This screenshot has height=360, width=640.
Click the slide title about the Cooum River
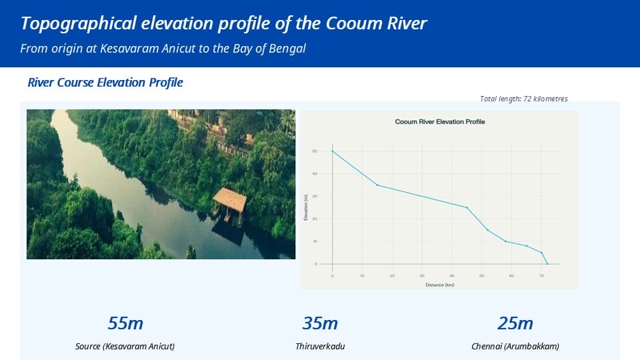coord(223,23)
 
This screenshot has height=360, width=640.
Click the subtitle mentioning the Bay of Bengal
coord(163,49)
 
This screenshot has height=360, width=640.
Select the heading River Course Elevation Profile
coord(105,83)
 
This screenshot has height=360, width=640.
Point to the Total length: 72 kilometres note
coord(523,99)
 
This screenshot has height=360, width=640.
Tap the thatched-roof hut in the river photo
coord(229,199)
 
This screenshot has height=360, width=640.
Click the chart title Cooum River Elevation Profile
coord(440,122)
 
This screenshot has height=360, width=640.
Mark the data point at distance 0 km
coord(332,151)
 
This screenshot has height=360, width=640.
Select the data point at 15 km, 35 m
coord(377,185)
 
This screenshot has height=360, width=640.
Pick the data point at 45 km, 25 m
coord(467,207)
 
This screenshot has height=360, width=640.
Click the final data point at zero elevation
coord(547,264)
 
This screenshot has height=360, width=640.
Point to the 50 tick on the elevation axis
coord(315,151)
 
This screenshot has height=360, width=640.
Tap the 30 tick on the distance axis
coord(422,275)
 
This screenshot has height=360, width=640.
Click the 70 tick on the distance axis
coord(541,275)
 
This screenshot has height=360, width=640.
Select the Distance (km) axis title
coord(439,285)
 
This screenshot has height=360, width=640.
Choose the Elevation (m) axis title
coord(305,207)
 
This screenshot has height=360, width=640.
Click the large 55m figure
coord(125,323)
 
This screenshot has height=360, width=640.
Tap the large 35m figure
coord(320,323)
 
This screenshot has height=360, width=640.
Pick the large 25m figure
coord(515,323)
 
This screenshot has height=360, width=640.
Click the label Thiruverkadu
coord(320,347)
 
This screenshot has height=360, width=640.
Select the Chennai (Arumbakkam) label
coord(515,347)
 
